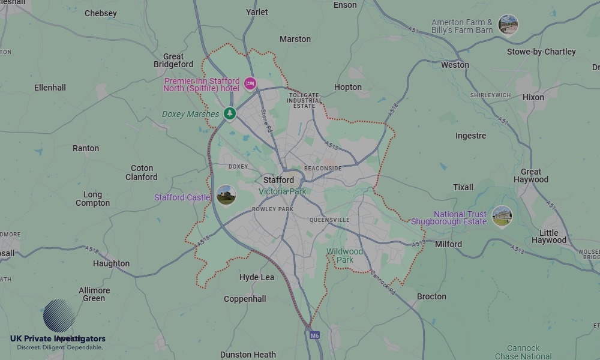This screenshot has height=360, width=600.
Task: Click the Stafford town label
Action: click(x=279, y=180)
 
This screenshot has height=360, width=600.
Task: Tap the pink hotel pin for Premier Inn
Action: click(x=250, y=83)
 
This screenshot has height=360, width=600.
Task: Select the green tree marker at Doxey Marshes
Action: click(x=229, y=113)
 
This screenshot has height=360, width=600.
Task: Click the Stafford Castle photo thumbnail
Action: click(x=226, y=195)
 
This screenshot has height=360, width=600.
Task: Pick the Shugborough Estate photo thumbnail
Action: click(x=502, y=215)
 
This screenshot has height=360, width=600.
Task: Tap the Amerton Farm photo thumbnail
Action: click(x=508, y=25)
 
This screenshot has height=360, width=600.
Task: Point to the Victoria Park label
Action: click(x=283, y=191)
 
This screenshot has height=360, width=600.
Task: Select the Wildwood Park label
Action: click(x=345, y=256)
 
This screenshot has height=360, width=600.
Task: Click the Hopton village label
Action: click(x=348, y=87)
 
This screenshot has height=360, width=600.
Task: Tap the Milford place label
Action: click(x=448, y=244)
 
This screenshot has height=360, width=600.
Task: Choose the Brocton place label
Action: click(x=431, y=296)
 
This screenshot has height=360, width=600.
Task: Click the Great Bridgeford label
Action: click(x=173, y=61)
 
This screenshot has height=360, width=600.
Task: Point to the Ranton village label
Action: click(x=86, y=148)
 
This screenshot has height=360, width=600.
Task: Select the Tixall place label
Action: click(x=463, y=187)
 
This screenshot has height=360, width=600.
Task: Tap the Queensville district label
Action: click(x=329, y=220)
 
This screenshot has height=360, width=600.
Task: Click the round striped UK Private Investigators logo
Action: click(x=59, y=316)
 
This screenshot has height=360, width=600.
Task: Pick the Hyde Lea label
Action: click(x=257, y=277)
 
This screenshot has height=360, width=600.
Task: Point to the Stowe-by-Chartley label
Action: click(x=541, y=52)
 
